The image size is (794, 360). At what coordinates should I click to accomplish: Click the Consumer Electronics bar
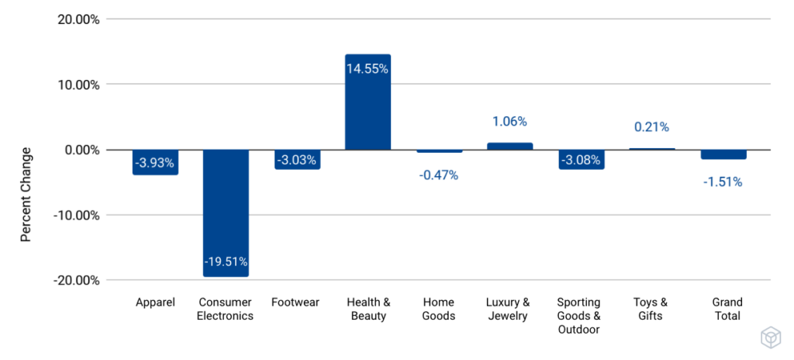pos(226,213)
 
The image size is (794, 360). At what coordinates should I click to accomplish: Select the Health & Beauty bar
pos(368,102)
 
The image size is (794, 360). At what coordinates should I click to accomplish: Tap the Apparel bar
pos(155,162)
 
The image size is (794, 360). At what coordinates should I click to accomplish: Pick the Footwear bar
pos(297,159)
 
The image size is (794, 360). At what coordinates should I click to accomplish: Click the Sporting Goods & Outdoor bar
pos(582,159)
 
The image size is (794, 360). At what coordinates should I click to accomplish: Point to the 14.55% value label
pos(368,68)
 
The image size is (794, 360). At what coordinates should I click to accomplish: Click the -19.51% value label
pos(226,261)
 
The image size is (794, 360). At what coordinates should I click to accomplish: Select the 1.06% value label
pos(509,121)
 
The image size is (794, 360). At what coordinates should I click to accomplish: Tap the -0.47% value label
pos(439,175)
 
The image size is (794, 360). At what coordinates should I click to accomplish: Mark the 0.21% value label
pos(652,126)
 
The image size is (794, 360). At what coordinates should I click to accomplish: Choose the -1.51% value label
pos(723,182)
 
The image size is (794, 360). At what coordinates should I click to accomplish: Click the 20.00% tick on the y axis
pos(78,19)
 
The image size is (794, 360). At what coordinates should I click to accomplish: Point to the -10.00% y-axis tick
pos(76,215)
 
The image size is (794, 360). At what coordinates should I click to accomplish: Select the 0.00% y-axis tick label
pos(81,150)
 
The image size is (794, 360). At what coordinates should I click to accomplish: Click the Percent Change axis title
pos(26,194)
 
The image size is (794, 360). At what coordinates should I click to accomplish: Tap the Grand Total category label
pos(727,309)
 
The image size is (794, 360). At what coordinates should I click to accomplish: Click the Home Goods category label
pos(439,309)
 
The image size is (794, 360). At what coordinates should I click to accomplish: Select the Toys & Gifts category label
pos(652,309)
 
